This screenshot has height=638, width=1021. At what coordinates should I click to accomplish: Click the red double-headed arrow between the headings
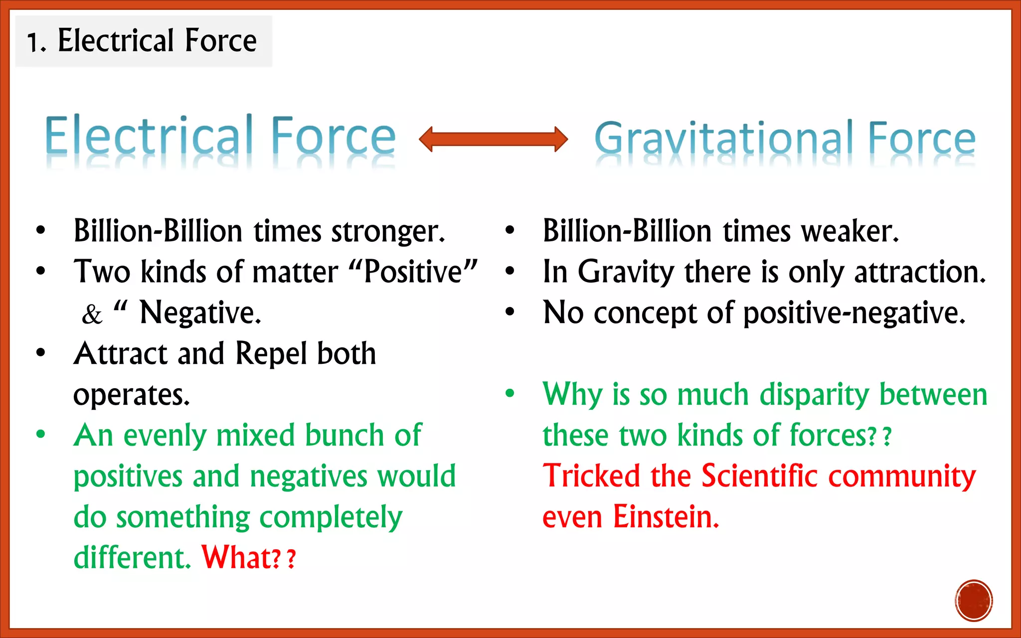[x=493, y=139]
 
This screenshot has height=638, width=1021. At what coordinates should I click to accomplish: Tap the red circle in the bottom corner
[x=974, y=600]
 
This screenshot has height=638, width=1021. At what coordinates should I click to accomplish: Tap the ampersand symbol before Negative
[x=92, y=315]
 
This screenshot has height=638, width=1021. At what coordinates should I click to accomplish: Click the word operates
[x=131, y=395]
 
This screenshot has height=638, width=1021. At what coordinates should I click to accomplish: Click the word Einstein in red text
[x=666, y=516]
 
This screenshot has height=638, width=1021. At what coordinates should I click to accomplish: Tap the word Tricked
[x=591, y=476]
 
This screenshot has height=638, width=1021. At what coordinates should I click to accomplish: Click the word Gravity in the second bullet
[x=626, y=272]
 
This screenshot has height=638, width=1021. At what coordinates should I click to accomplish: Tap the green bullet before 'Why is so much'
[x=510, y=393]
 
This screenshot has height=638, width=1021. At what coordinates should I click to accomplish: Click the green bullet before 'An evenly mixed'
[x=41, y=434]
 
